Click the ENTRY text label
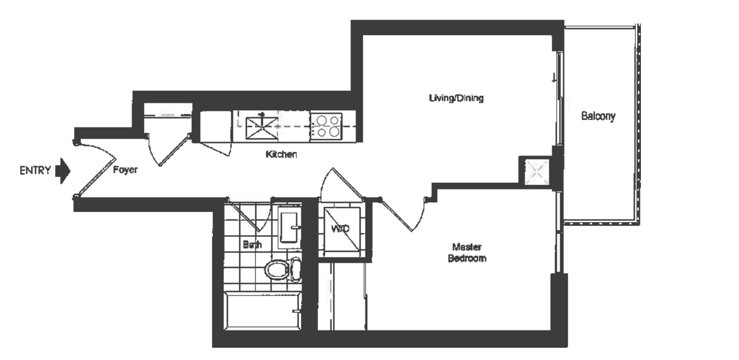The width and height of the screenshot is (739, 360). [35, 171]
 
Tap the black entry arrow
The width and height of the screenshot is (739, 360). [62, 171]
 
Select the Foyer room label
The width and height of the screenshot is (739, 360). [125, 170]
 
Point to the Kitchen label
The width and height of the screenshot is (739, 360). [281, 154]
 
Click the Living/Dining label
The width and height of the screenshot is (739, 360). [456, 98]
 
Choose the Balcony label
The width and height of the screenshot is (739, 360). [598, 116]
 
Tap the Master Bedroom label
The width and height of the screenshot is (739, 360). [467, 252]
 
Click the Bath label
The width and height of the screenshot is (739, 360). [252, 245]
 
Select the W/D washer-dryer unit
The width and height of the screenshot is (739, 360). [342, 228]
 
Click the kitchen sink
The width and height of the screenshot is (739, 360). [261, 128]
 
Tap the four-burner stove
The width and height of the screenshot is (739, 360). [327, 126]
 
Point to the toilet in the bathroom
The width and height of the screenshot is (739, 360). [283, 270]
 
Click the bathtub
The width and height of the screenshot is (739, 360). [262, 311]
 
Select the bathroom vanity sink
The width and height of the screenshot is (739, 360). [289, 227]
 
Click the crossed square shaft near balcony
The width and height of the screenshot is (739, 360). [537, 172]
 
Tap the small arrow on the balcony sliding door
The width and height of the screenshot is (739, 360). [554, 78]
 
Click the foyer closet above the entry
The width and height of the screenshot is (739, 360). [168, 119]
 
